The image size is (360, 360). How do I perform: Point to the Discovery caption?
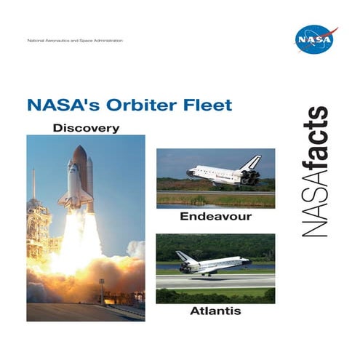point(86,128)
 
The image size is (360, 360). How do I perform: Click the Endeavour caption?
point(215,217)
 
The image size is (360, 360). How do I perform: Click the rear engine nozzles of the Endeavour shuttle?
point(255,177)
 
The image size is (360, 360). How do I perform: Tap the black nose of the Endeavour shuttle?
point(188,173)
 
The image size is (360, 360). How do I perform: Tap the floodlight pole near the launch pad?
point(101,287)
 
